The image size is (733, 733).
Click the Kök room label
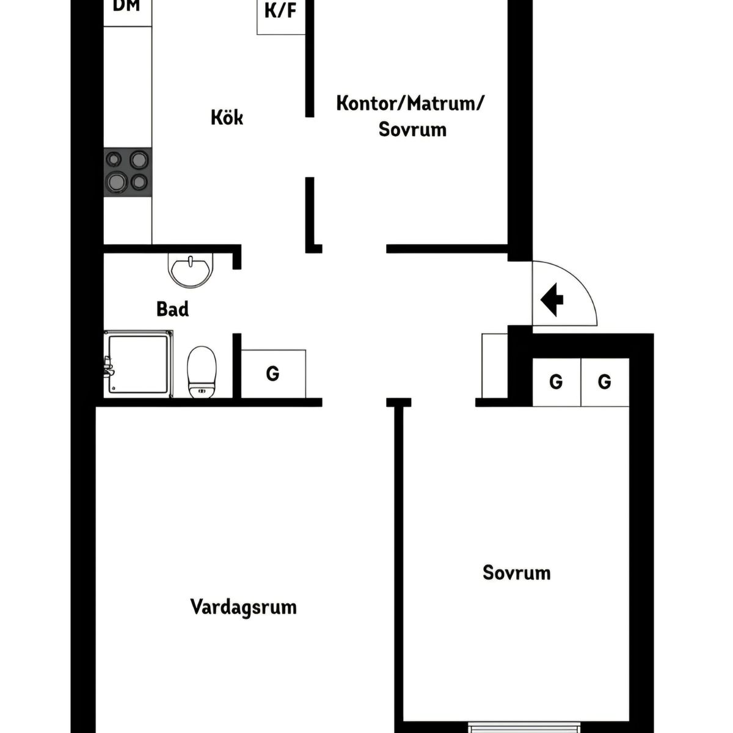point(227,117)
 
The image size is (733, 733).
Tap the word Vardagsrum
point(244,607)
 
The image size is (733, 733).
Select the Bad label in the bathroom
point(172,309)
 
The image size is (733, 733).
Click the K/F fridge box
point(281,17)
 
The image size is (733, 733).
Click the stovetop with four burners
point(128,172)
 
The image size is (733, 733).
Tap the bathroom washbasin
point(191,270)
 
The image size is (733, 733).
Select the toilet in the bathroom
point(202,371)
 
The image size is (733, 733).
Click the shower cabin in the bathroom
point(139,364)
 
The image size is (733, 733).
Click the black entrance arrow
point(552,299)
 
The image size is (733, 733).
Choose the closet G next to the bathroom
point(274,374)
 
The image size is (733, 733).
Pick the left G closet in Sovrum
point(556,382)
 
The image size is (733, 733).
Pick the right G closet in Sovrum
point(605,382)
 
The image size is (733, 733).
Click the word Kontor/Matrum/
point(410,103)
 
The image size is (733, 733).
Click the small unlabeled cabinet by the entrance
point(495,366)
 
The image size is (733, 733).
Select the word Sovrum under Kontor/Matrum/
point(412,129)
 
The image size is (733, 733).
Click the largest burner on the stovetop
point(117,181)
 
